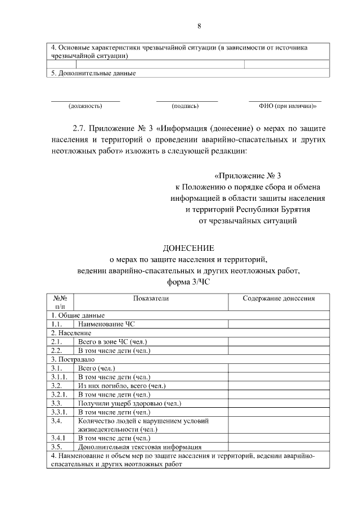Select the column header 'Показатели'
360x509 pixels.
tap(151, 298)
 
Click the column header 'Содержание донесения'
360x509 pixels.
tap(278, 298)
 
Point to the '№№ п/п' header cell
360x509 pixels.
tap(60, 302)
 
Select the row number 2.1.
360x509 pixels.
tap(56, 341)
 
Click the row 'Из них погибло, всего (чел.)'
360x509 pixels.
tap(122, 385)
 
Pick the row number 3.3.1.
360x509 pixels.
tap(59, 412)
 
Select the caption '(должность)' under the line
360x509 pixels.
tap(85, 105)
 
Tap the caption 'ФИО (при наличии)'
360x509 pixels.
tap(287, 105)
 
